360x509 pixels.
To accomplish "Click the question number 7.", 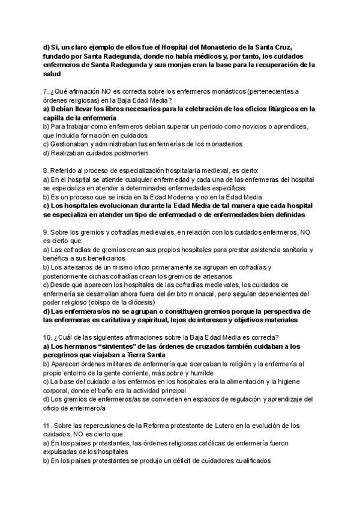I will pyautogui.click(x=46, y=91).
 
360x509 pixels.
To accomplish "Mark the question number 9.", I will pyautogui.click(x=46, y=232).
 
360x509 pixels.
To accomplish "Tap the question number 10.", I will pyautogui.click(x=48, y=337).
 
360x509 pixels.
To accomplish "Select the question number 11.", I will pyautogui.click(x=48, y=426).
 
